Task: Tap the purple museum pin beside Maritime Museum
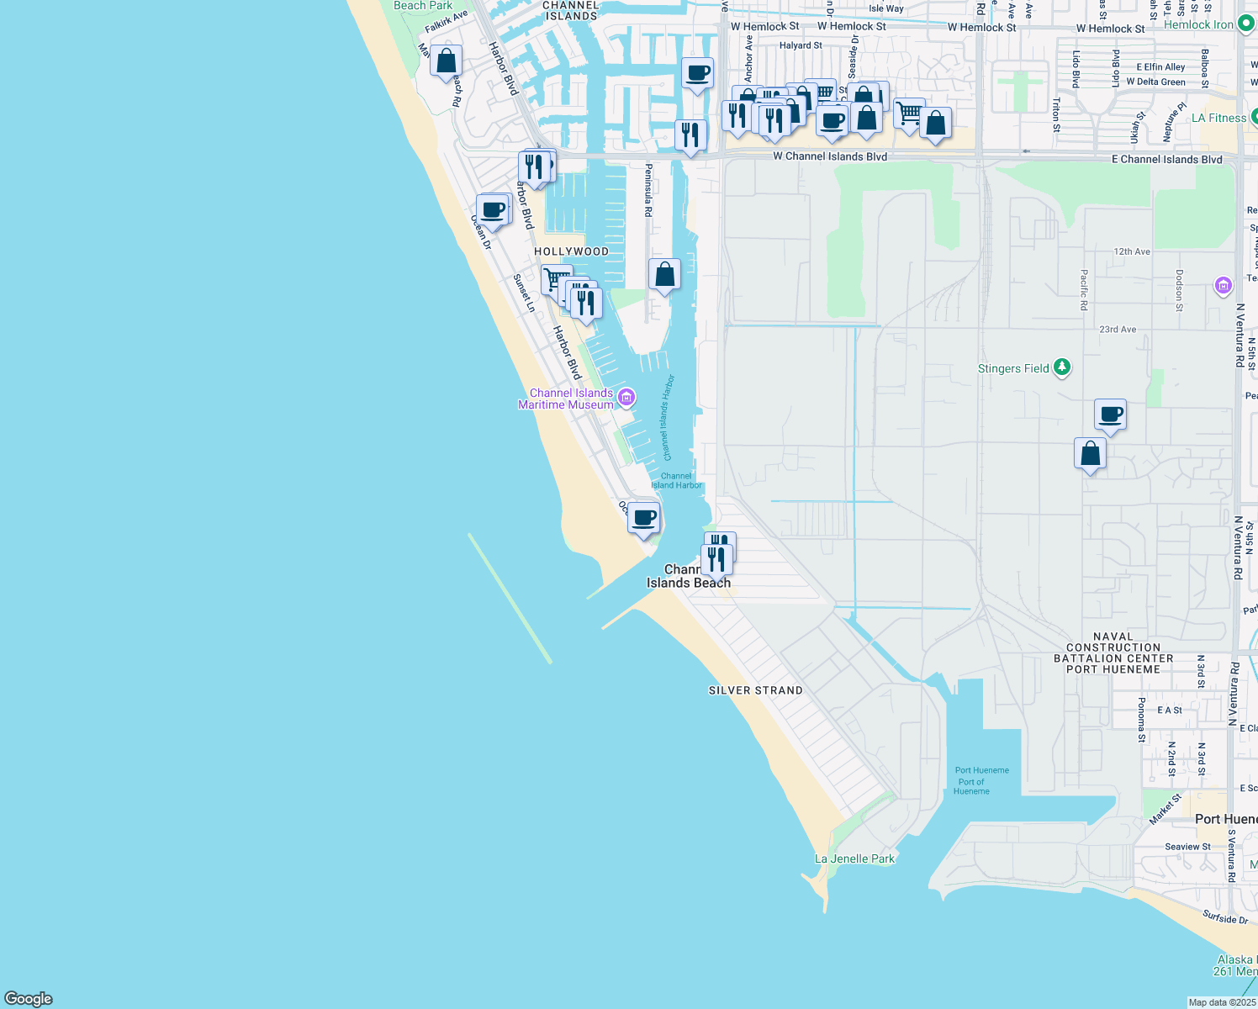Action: click(626, 397)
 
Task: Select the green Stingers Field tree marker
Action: click(1062, 367)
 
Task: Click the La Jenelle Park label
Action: click(854, 858)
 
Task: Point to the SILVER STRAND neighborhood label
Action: click(755, 690)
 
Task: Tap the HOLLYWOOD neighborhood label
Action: click(571, 251)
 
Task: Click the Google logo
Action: click(29, 998)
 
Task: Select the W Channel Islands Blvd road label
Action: click(829, 156)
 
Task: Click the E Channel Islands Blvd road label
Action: click(1166, 160)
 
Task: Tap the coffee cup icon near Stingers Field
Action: click(1110, 415)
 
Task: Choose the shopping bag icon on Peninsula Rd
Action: click(664, 275)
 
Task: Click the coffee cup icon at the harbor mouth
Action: click(643, 518)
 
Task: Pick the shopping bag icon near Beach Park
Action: click(446, 61)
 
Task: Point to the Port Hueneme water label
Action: click(981, 770)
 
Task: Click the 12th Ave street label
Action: click(1131, 251)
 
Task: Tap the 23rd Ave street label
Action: click(1118, 330)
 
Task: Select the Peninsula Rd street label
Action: click(648, 189)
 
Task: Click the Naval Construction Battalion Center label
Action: click(1113, 653)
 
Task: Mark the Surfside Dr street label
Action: click(1225, 917)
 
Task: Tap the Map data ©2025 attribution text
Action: click(1221, 1002)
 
